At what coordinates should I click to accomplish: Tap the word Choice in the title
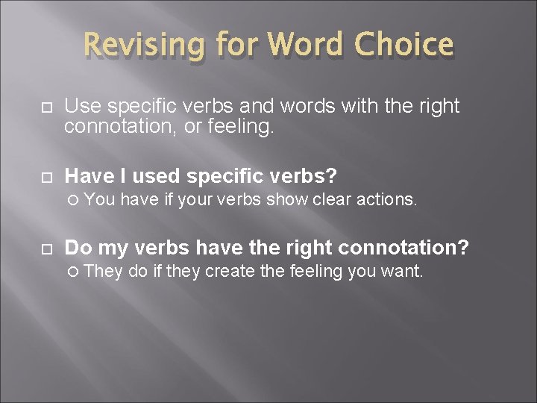[x=403, y=45]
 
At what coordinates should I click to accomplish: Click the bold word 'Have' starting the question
[x=87, y=176]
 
